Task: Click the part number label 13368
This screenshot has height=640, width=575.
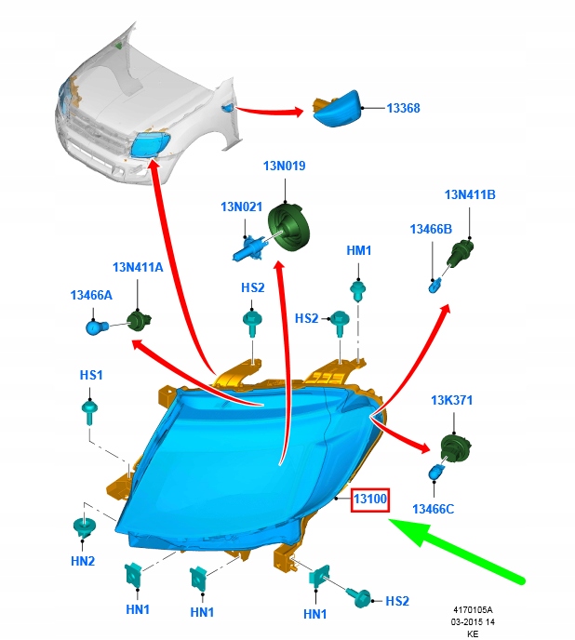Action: click(x=403, y=108)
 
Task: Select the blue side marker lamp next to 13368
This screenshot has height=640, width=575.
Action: click(x=336, y=109)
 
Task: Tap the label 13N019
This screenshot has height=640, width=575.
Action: click(x=284, y=166)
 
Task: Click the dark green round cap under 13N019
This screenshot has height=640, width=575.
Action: click(x=289, y=226)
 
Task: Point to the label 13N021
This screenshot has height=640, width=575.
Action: click(x=241, y=207)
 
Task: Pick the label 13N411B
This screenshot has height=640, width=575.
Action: click(x=470, y=194)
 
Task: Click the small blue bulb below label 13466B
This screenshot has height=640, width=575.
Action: click(x=435, y=285)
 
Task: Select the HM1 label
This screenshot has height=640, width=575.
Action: click(x=359, y=250)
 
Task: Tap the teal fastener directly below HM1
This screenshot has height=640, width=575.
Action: click(x=357, y=290)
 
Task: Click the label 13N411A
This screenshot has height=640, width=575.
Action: click(x=138, y=267)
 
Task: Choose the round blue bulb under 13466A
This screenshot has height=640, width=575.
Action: click(x=98, y=327)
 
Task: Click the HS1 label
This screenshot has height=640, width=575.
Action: click(x=91, y=375)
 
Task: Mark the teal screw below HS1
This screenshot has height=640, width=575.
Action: click(x=89, y=412)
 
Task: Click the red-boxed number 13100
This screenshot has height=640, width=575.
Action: click(x=370, y=500)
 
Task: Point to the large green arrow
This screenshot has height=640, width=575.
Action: click(x=456, y=550)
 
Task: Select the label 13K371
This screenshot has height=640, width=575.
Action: click(x=451, y=400)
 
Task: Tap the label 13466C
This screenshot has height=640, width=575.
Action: click(x=433, y=510)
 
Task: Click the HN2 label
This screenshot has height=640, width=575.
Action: click(x=83, y=561)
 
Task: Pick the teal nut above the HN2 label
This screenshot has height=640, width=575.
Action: click(x=84, y=527)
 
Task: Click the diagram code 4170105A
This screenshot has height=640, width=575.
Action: click(x=473, y=610)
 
